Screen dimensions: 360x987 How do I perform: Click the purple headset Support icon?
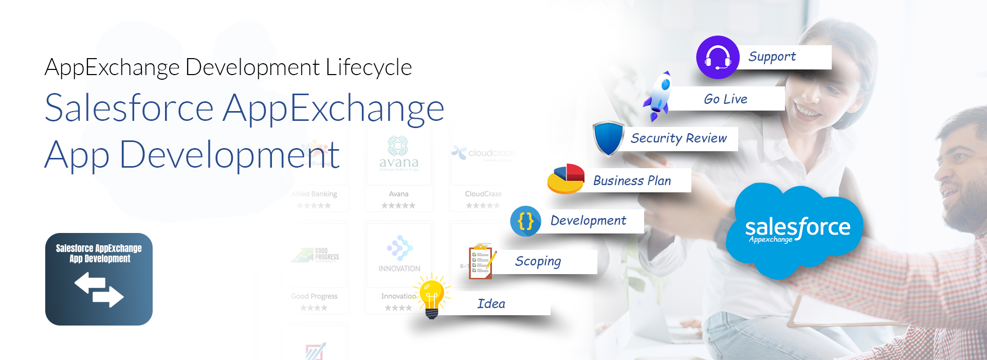[718, 57]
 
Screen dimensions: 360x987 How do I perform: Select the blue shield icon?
[608, 138]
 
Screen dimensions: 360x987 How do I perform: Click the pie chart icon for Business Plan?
[566, 179]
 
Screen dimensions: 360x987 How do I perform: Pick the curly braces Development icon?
[525, 221]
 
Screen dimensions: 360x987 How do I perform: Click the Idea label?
[491, 304]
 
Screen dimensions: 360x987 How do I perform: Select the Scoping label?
[538, 262]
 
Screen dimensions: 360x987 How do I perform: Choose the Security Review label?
[679, 138]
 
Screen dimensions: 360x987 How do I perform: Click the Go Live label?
[725, 99]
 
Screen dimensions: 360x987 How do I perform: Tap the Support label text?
[772, 57]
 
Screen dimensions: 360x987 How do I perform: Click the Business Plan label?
[632, 181]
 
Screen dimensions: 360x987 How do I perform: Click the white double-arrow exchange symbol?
[99, 289]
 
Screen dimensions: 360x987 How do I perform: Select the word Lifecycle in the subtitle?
[369, 67]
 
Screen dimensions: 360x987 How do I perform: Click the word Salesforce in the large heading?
[129, 108]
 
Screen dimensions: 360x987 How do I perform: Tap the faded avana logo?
[398, 154]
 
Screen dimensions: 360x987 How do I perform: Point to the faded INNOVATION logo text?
[399, 268]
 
